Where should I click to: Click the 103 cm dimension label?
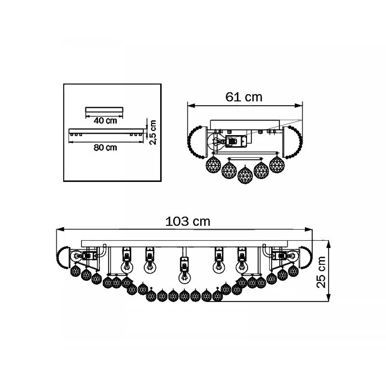tap(188, 221)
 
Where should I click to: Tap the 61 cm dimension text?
tap(244, 97)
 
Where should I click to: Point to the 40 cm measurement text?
tap(105, 120)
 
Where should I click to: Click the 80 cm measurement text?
tap(105, 147)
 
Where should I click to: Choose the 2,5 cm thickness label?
tap(153, 132)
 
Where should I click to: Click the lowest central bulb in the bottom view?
tap(184, 276)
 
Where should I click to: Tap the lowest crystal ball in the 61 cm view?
tap(245, 175)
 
